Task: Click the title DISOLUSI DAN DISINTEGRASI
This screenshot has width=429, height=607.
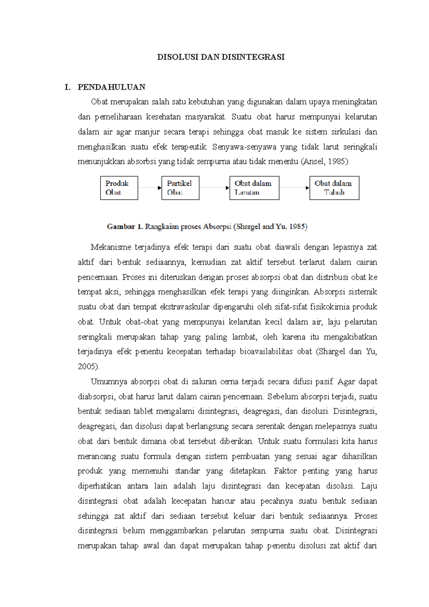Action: click(x=221, y=57)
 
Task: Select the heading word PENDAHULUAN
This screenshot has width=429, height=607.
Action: click(x=112, y=87)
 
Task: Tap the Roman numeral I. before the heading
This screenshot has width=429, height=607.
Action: click(x=68, y=87)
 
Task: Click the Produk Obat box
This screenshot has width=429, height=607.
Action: click(x=119, y=188)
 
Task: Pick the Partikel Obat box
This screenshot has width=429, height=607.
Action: click(x=180, y=188)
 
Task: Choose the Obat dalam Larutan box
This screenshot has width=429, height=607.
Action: click(x=254, y=188)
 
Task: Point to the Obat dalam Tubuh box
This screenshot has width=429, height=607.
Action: click(x=334, y=188)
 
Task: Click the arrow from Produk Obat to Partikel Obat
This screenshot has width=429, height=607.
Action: click(x=150, y=188)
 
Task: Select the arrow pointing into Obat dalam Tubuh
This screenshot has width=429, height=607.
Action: click(x=294, y=188)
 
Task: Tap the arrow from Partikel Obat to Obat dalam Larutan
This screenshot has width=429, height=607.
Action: click(x=214, y=188)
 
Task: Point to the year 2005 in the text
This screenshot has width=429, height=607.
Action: click(x=88, y=367)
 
